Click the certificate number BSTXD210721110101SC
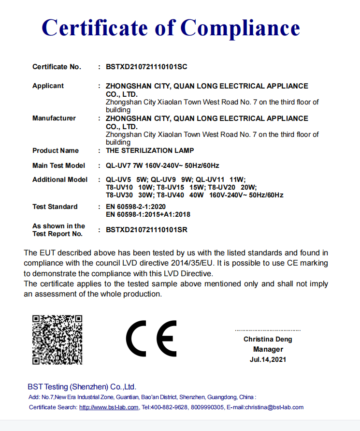click(x=146, y=67)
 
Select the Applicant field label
click(x=48, y=86)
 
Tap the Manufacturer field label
click(x=54, y=118)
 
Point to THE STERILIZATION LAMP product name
click(x=150, y=150)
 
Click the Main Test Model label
click(x=58, y=165)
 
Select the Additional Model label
click(x=60, y=179)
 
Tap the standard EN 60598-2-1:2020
click(x=139, y=207)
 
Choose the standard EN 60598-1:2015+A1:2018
click(x=148, y=214)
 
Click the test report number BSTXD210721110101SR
click(x=146, y=230)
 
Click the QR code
click(x=57, y=340)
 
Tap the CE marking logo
click(x=151, y=339)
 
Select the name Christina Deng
click(x=268, y=339)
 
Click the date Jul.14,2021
click(x=268, y=359)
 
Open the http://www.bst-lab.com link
click(x=109, y=407)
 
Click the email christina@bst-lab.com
click(x=273, y=407)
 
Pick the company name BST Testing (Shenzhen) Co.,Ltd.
click(x=82, y=386)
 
